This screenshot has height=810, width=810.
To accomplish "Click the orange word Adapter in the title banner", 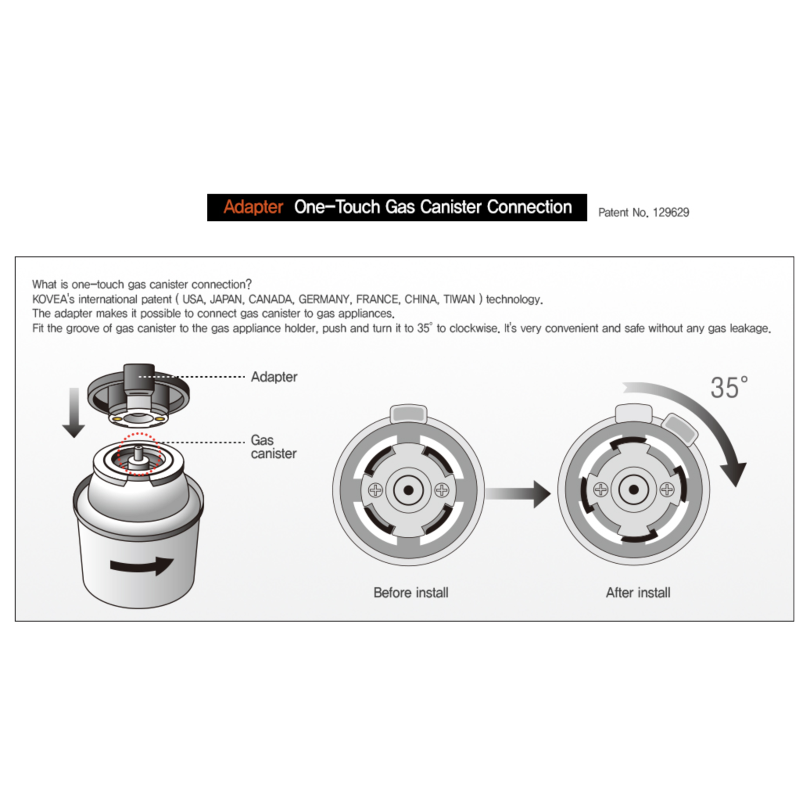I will click(x=253, y=207).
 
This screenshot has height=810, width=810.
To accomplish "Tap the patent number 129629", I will click(x=671, y=213).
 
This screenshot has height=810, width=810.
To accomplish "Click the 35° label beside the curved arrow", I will click(x=728, y=388).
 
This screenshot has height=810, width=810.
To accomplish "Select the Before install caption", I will click(x=411, y=593).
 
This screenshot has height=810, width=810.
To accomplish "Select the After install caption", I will click(x=638, y=593).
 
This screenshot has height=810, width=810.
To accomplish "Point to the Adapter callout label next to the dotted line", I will click(x=274, y=377).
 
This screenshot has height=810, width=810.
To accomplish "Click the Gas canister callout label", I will click(x=273, y=447).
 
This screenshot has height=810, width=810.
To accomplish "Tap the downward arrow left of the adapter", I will click(x=74, y=413).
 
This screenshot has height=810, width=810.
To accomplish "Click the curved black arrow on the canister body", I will click(x=141, y=565).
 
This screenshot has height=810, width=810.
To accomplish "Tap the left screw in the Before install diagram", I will click(x=375, y=490).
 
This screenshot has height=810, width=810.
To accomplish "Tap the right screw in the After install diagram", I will click(x=667, y=490).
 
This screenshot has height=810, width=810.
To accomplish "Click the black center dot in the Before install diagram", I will click(x=409, y=490).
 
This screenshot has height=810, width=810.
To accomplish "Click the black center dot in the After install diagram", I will click(x=634, y=490).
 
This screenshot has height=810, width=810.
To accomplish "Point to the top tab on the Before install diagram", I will click(x=409, y=414).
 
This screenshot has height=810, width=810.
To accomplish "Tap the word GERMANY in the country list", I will click(x=324, y=299).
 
